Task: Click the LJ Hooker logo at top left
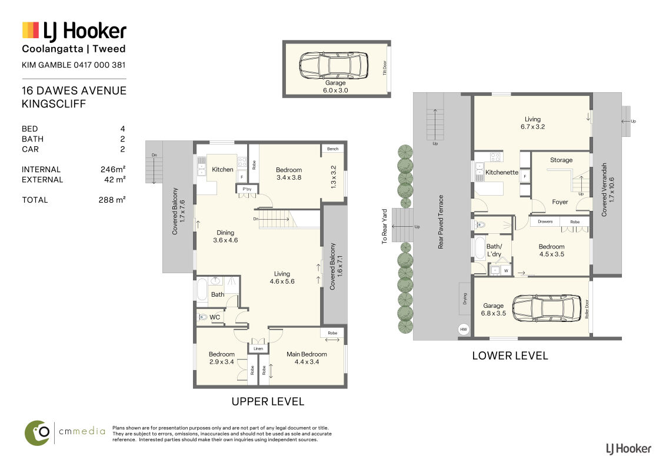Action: tap(74, 31)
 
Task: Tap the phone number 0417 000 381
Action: tap(99, 65)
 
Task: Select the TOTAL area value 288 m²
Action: tap(112, 200)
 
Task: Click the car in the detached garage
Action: tap(334, 65)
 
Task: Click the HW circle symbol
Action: tap(464, 329)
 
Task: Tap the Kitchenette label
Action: tap(502, 172)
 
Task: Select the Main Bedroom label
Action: tap(307, 354)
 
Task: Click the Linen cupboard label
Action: tap(258, 349)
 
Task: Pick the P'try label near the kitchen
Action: tap(247, 189)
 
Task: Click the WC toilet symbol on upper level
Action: tap(202, 317)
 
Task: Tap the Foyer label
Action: tap(560, 202)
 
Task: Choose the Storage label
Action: tap(561, 160)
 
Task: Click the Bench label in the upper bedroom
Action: tap(332, 149)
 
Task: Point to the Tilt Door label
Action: tap(385, 68)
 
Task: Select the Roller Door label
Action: tap(587, 309)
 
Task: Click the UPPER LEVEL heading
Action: tap(268, 402)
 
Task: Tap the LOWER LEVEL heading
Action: tap(510, 356)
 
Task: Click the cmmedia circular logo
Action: tap(38, 433)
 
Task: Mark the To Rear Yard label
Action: tap(384, 226)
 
